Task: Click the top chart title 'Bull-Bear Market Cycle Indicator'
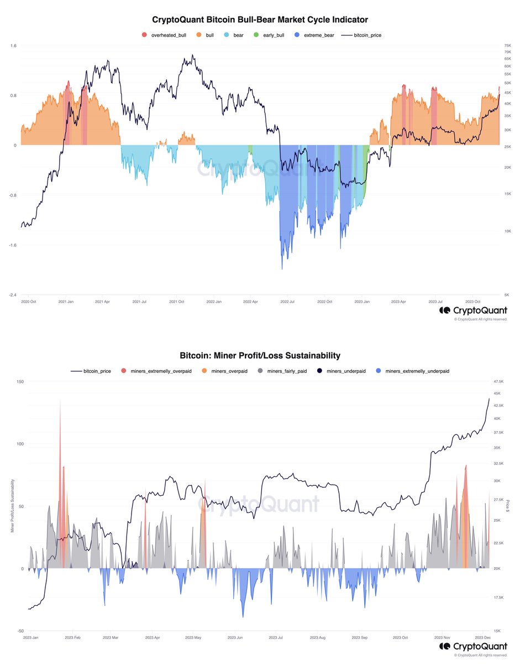[260, 20]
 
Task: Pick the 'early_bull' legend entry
[269, 35]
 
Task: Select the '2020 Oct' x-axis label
[29, 302]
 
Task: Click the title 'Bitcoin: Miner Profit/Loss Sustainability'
[260, 356]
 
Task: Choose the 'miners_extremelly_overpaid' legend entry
[156, 371]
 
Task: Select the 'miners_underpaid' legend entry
[344, 371]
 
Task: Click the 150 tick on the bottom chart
[20, 381]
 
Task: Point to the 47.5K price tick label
[499, 381]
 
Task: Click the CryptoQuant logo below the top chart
[473, 310]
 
